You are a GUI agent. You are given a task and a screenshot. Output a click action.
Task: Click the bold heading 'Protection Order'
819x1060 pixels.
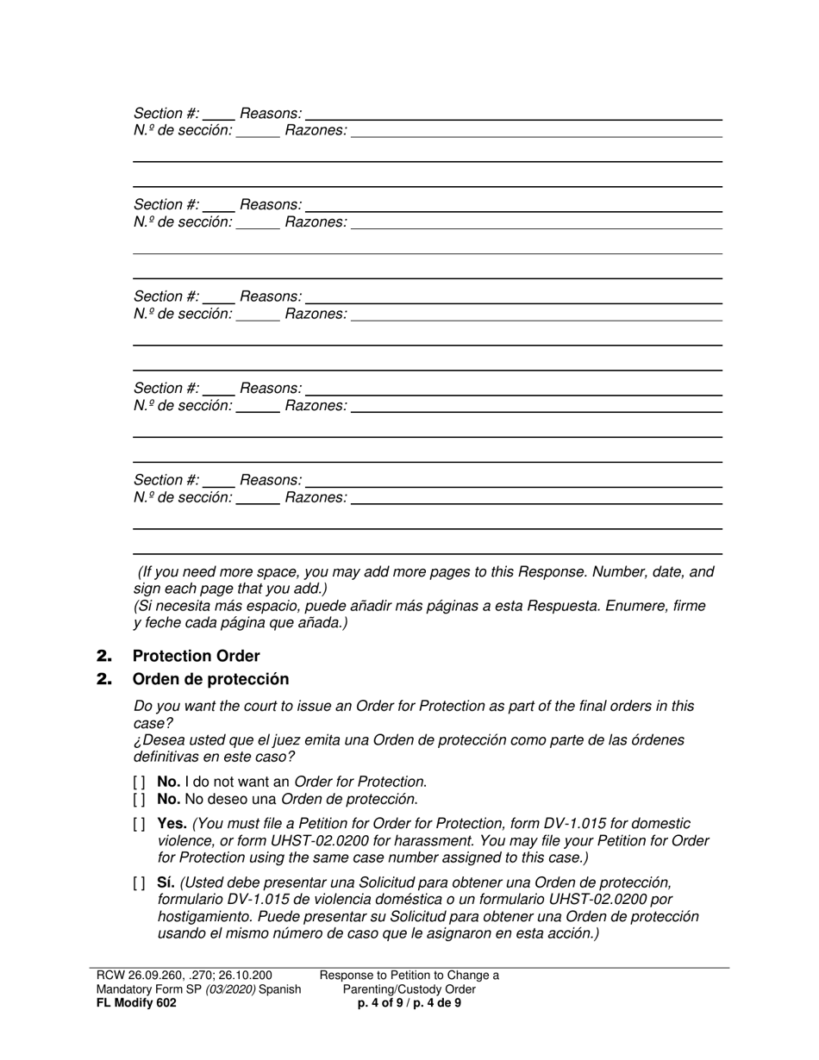196,656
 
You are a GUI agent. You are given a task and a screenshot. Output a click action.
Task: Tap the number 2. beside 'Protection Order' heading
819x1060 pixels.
104,656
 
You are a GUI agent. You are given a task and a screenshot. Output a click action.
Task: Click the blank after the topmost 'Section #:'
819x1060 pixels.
219,114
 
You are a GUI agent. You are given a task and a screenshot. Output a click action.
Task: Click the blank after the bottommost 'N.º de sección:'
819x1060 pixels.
258,497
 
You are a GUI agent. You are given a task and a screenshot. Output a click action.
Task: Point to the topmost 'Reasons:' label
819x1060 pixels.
271,114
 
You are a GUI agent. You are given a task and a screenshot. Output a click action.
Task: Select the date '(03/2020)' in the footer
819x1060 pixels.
229,989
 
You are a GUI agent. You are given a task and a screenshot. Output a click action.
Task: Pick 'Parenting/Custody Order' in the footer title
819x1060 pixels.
409,989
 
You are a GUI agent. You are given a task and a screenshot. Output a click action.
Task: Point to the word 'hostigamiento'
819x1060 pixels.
200,917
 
